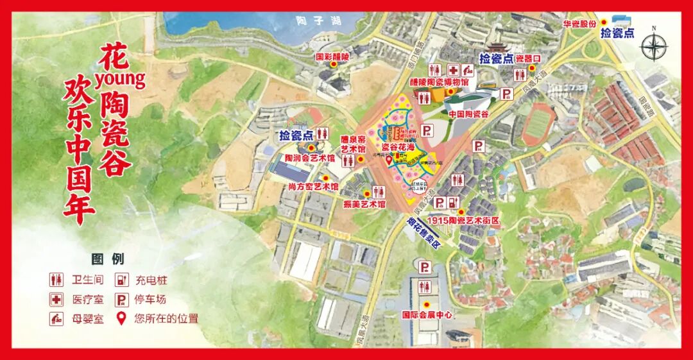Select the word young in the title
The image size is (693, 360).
120,78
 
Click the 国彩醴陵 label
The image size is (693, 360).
332,56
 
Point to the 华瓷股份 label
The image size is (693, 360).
580,24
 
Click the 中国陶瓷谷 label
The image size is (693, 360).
468,114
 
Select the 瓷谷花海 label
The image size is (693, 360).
407,147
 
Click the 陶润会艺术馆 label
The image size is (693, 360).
310,157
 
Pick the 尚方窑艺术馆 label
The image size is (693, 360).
314,187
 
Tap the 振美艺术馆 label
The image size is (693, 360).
363,204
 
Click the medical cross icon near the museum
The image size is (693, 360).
453,70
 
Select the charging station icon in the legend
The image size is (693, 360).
121,280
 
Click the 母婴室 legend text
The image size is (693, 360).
87,318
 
